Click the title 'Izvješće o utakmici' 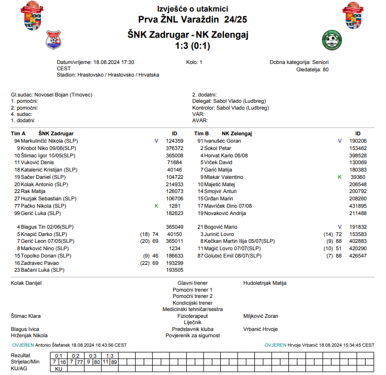[192, 9]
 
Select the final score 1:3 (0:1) [192, 46]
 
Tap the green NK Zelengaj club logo [331, 40]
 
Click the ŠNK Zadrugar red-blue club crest [53, 39]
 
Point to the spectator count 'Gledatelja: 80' [313, 69]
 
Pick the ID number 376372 [174, 148]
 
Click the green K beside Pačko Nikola [156, 206]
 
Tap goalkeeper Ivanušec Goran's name [223, 141]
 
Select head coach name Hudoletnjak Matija [265, 283]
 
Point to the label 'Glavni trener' [192, 283]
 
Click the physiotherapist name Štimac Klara [26, 316]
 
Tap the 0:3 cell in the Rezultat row [92, 356]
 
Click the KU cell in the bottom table [59, 369]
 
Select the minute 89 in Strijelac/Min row [114, 362]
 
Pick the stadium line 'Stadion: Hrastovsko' [108, 75]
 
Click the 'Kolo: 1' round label [194, 62]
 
